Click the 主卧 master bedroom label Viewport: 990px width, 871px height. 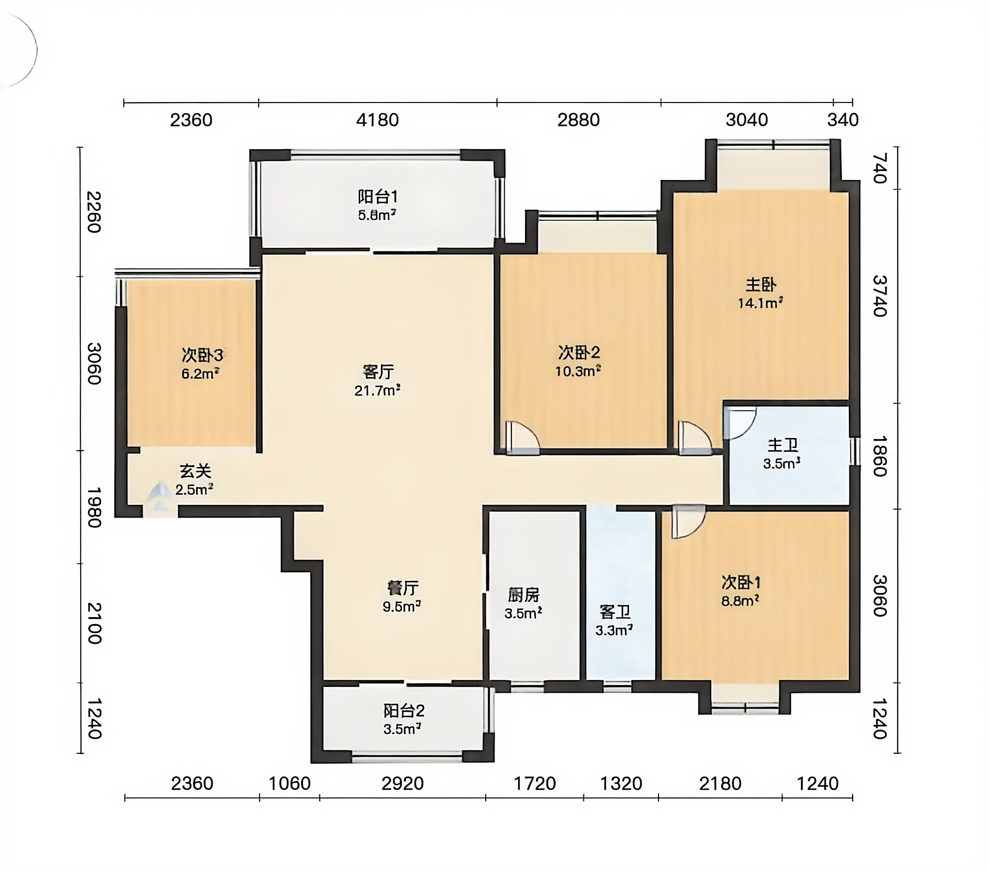pos(761,285)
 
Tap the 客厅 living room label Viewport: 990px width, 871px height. pos(378,372)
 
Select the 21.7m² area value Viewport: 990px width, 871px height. pos(377,390)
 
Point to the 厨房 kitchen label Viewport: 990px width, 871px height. pos(524,594)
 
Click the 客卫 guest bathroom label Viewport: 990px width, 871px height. pos(614,612)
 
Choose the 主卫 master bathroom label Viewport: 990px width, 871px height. pos(783,445)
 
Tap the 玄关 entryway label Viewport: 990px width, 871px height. pos(195,471)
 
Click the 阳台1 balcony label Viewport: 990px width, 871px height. pos(378,197)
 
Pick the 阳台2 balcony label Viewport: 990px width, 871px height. pos(404,711)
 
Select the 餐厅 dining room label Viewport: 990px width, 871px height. pos(403,588)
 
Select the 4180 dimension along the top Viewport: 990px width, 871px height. pos(377,120)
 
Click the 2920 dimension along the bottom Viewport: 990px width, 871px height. pos(403,783)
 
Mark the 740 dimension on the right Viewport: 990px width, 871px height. pos(879,168)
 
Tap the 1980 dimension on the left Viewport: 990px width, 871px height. pos(94,507)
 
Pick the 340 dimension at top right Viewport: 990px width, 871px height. pos(843,120)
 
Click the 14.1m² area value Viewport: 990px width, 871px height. pos(761,303)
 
